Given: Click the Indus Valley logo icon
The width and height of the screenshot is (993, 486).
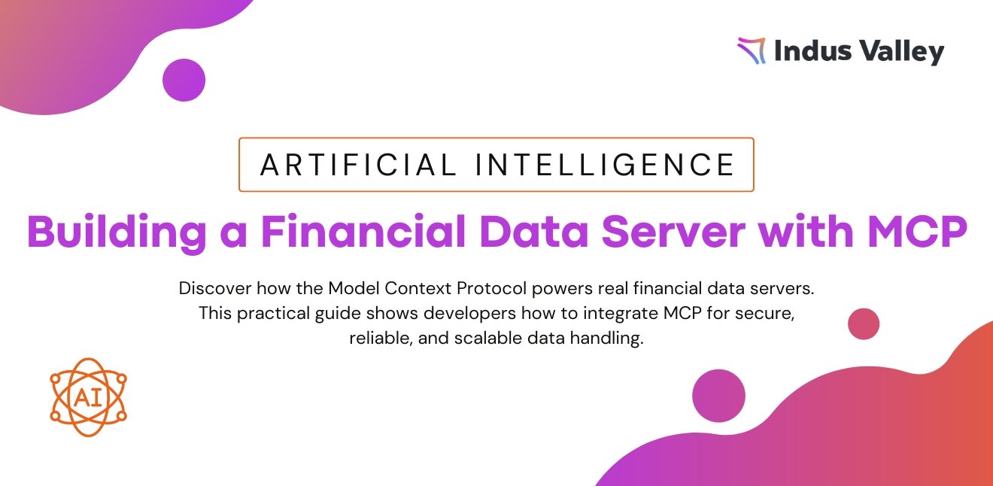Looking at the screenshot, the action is click(752, 50).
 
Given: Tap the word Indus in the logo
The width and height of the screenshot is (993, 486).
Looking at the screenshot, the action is click(813, 50).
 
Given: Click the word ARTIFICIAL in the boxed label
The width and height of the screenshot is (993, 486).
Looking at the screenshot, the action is click(358, 165).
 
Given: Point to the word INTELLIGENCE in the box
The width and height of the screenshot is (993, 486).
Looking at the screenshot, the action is click(605, 165).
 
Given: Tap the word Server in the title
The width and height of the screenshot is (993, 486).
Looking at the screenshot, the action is click(673, 232).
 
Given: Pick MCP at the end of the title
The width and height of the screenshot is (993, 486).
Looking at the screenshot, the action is click(917, 232).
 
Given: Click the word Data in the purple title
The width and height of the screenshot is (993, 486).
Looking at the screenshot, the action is click(533, 232).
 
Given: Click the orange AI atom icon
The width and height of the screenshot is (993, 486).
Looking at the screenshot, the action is click(89, 397).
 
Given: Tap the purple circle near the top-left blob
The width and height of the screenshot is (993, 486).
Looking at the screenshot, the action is click(184, 80).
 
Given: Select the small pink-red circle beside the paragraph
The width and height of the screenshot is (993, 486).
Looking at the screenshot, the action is click(864, 323).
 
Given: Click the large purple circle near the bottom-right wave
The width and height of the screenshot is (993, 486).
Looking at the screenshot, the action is click(718, 396).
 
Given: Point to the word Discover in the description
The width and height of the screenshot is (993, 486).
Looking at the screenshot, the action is click(215, 288).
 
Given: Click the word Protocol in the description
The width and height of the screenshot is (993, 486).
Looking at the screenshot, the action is click(492, 289).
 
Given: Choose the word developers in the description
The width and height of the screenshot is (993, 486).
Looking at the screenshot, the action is click(469, 314).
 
